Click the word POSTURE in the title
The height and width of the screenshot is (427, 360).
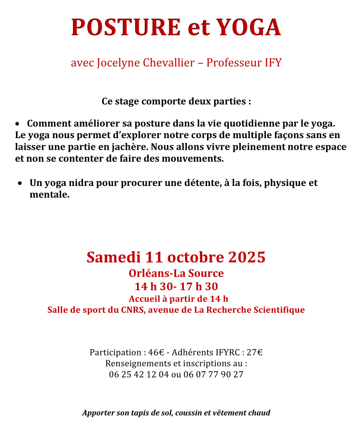(x=125, y=28)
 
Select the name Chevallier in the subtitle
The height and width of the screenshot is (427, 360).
(x=169, y=63)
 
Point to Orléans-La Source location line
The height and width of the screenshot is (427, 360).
(x=176, y=273)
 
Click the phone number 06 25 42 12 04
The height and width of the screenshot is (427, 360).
(x=139, y=374)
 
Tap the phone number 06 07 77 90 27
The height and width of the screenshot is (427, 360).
(x=213, y=374)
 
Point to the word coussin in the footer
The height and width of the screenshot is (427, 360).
(x=191, y=413)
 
